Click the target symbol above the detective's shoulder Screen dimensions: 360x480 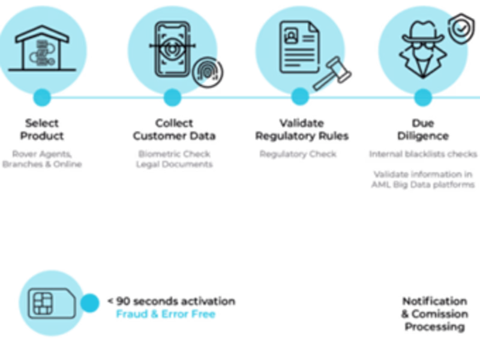coord(460,27)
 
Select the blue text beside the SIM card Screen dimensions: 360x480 coord(165,313)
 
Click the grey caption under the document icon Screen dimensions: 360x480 coord(298,154)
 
